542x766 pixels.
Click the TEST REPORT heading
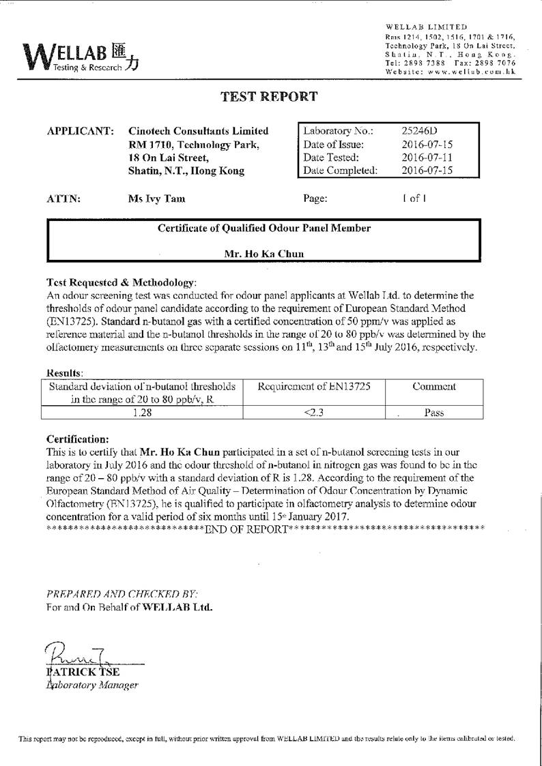pyautogui.click(x=269, y=97)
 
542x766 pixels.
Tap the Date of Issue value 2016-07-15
pyautogui.click(x=427, y=145)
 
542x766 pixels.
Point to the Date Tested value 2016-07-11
pyautogui.click(x=427, y=158)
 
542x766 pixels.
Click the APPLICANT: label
pyautogui.click(x=80, y=131)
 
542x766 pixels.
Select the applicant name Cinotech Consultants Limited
pyautogui.click(x=199, y=131)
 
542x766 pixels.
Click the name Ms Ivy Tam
pyautogui.click(x=156, y=199)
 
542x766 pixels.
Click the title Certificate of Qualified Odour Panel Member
pyautogui.click(x=264, y=229)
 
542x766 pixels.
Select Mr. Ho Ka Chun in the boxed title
pyautogui.click(x=264, y=254)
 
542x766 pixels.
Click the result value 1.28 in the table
pyautogui.click(x=142, y=412)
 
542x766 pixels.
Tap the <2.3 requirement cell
pyautogui.click(x=313, y=412)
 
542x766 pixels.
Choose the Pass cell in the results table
pyautogui.click(x=434, y=412)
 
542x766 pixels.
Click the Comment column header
pyautogui.click(x=434, y=387)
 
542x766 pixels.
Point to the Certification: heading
pyautogui.click(x=77, y=439)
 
